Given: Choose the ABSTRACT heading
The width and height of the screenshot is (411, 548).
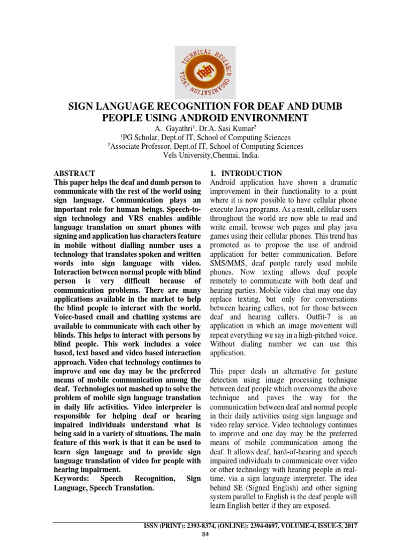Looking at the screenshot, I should tap(74, 173).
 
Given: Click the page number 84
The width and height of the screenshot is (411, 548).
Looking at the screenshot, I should tap(205, 536).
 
